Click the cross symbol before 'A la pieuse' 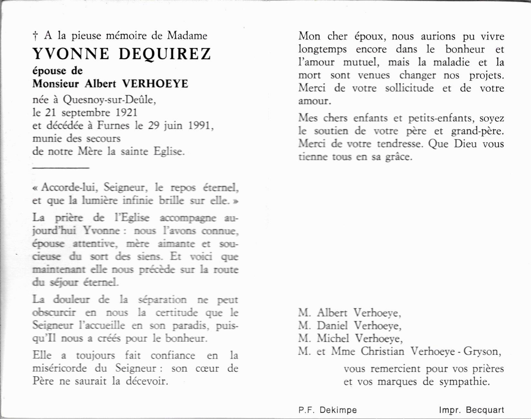click(x=35, y=36)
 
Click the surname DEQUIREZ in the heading click(x=165, y=54)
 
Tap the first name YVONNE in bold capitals click(x=71, y=54)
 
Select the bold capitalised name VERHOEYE click(x=155, y=84)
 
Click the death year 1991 click(x=200, y=126)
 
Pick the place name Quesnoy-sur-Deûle click(x=109, y=100)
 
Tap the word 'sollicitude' click(x=410, y=88)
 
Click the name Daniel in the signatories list click(x=332, y=326)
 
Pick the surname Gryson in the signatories click(x=482, y=351)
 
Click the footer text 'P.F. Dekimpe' click(x=327, y=410)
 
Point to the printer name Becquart click(x=485, y=410)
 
